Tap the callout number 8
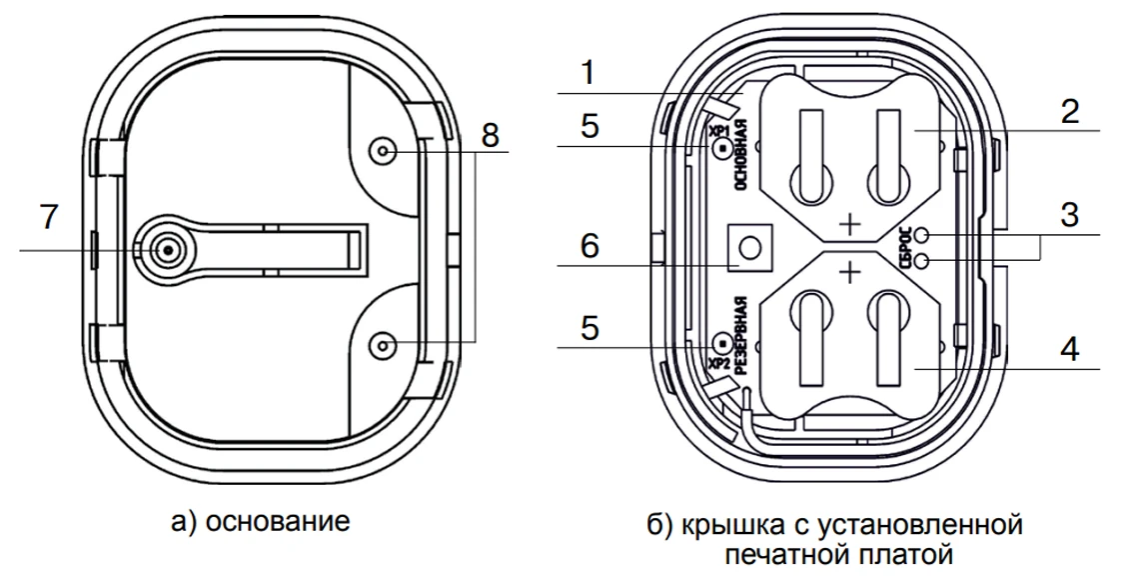pos(490,136)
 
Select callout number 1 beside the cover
pos(588,73)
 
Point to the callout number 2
pos(1070,111)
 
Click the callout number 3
pos(1070,216)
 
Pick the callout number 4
pos(1070,350)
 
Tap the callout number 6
pos(589,245)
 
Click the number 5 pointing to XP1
pos(589,128)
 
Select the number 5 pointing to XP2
pos(589,327)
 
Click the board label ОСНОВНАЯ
pos(741,154)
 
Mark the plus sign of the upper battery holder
pos(849,223)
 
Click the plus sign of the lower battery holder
pos(849,270)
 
